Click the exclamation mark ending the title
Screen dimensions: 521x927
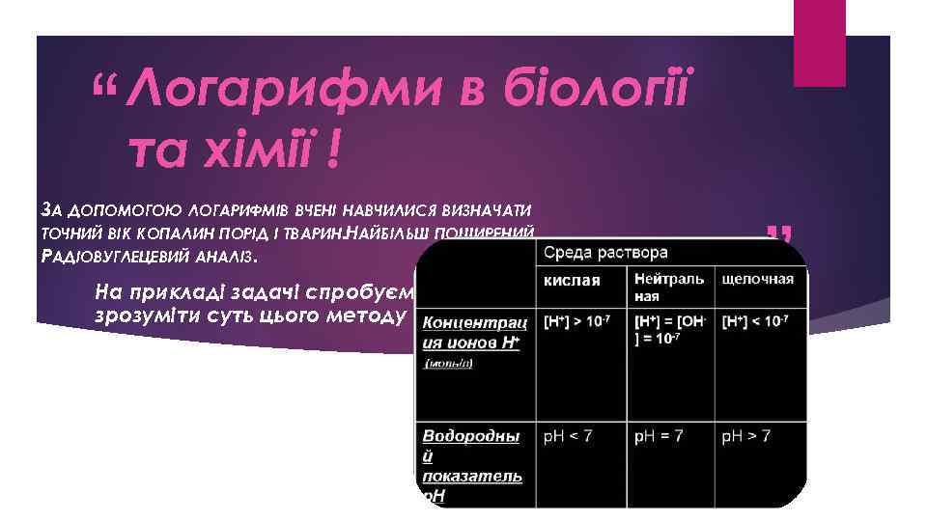click(333, 151)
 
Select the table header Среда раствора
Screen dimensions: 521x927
click(605, 253)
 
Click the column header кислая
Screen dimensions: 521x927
click(572, 280)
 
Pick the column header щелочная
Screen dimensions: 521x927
click(758, 280)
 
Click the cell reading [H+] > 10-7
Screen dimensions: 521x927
click(580, 319)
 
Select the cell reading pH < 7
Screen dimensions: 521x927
click(567, 436)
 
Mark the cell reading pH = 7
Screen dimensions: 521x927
click(659, 436)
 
